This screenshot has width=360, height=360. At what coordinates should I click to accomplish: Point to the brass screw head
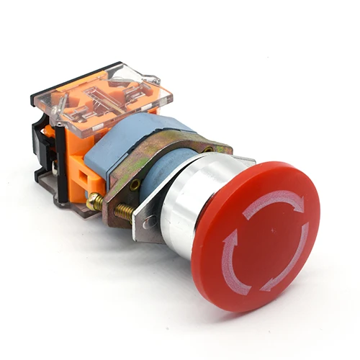tap(94, 204)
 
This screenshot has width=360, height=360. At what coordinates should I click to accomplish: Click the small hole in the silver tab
tap(150, 223)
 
